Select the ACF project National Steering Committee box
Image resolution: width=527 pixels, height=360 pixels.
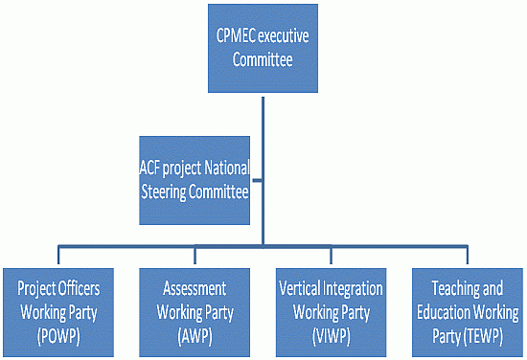click(x=195, y=178)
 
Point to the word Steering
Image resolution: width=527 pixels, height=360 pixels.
click(x=170, y=191)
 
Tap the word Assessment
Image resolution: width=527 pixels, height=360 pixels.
click(x=195, y=287)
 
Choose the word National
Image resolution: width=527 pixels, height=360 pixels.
click(x=226, y=167)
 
